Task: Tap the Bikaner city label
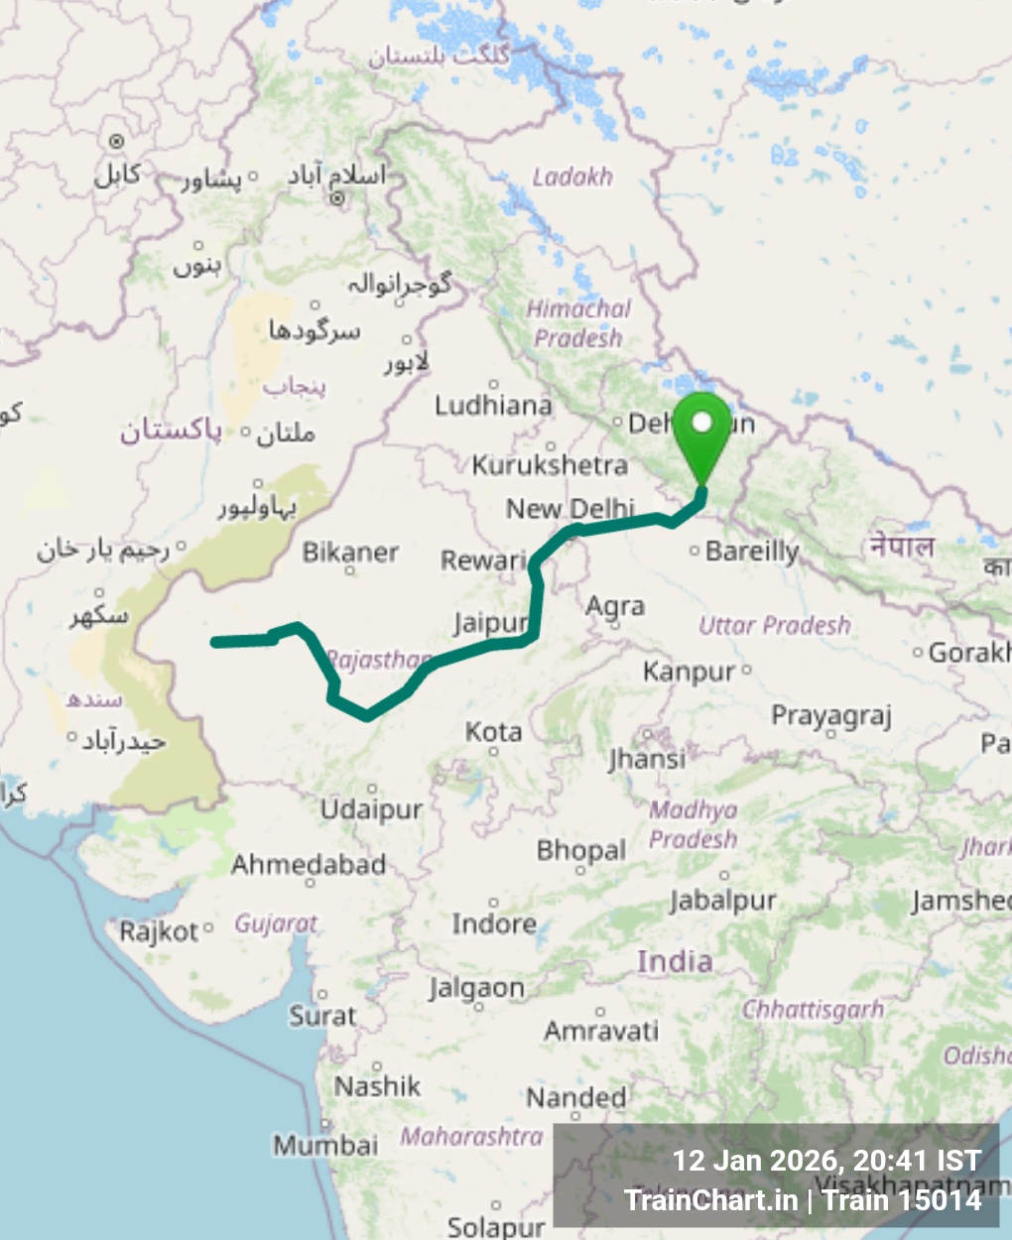tap(350, 553)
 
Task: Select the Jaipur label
tap(490, 623)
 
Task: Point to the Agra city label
tap(615, 605)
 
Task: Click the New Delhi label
tap(570, 509)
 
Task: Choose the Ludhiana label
tap(493, 405)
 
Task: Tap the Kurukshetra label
tap(550, 464)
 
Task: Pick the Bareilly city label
tap(751, 551)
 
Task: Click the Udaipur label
tap(371, 809)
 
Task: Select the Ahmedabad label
tap(309, 865)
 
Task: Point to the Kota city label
tap(493, 732)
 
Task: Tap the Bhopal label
tap(580, 850)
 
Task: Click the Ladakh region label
tap(572, 177)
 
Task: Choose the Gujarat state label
tap(276, 924)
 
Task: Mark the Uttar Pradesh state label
tap(774, 625)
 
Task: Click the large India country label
tap(675, 960)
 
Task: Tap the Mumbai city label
tap(325, 1145)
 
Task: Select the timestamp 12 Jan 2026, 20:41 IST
tap(826, 1161)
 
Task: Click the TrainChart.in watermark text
tap(710, 1200)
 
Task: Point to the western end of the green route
tap(215, 642)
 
